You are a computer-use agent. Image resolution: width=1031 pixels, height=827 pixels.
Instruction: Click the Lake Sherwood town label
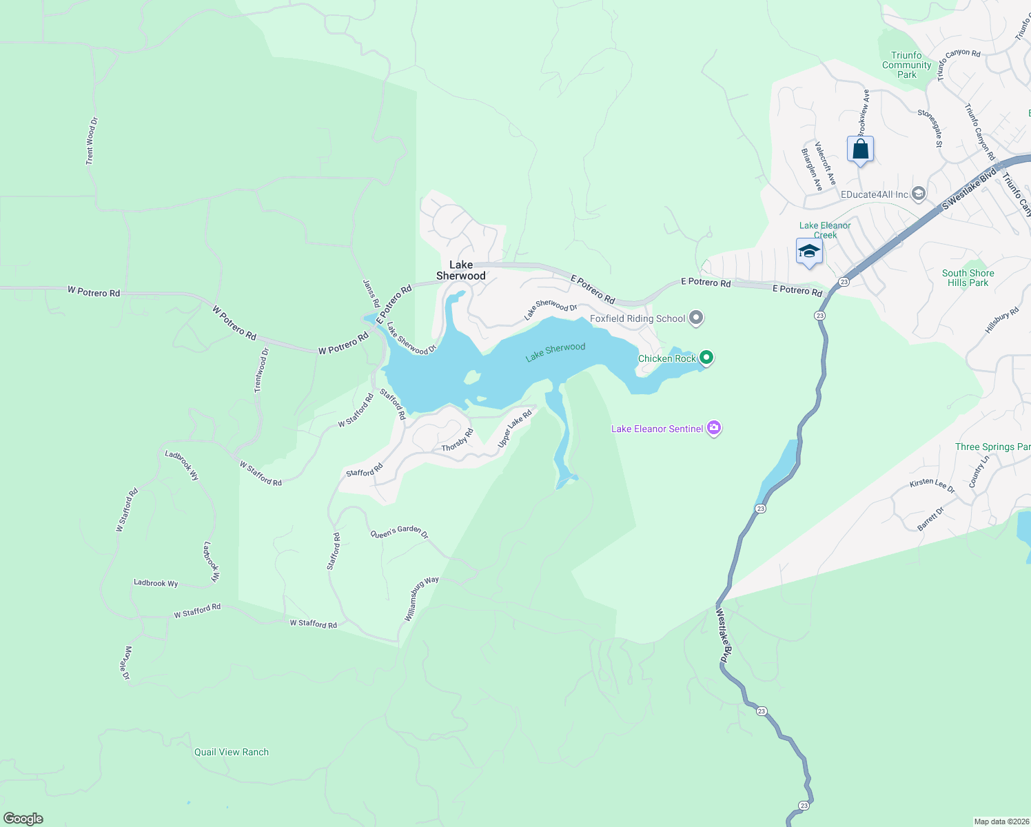pyautogui.click(x=461, y=270)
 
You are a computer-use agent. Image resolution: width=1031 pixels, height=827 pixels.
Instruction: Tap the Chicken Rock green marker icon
pyautogui.click(x=706, y=358)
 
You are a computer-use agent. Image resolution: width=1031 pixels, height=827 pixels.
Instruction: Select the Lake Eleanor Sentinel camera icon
pyautogui.click(x=714, y=429)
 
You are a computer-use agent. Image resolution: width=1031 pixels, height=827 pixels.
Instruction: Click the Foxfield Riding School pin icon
pyautogui.click(x=696, y=318)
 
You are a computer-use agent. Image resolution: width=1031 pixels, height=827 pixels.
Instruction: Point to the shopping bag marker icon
pyautogui.click(x=860, y=149)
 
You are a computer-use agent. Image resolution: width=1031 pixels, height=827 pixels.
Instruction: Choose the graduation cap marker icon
pyautogui.click(x=809, y=252)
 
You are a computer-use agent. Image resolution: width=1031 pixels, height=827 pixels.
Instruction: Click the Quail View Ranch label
pyautogui.click(x=232, y=752)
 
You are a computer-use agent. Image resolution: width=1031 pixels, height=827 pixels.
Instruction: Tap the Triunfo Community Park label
pyautogui.click(x=906, y=65)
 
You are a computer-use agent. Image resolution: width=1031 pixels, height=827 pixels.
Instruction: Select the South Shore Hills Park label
pyautogui.click(x=968, y=278)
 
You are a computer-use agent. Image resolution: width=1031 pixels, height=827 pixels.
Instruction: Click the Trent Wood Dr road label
pyautogui.click(x=92, y=141)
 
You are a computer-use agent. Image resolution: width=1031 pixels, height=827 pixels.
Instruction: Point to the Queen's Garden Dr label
pyautogui.click(x=400, y=532)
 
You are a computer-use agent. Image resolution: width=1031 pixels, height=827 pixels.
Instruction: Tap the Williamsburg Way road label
pyautogui.click(x=421, y=599)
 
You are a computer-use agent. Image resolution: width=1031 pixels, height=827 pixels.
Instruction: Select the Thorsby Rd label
pyautogui.click(x=458, y=441)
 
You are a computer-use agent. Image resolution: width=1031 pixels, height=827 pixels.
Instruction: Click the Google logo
pyautogui.click(x=23, y=819)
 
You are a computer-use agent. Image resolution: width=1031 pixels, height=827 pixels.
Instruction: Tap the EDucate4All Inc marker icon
pyautogui.click(x=918, y=194)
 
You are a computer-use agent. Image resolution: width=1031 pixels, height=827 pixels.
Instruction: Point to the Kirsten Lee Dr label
pyautogui.click(x=932, y=485)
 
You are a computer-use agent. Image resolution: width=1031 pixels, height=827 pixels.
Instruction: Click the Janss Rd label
pyautogui.click(x=371, y=294)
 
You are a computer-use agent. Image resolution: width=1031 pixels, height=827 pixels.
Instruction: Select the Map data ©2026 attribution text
pyautogui.click(x=1001, y=821)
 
